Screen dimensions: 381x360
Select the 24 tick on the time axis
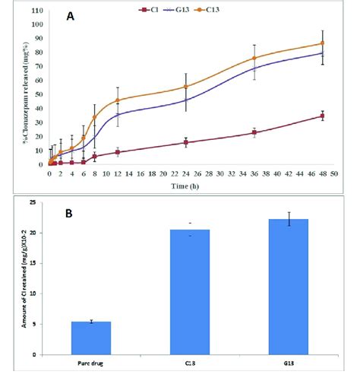186,173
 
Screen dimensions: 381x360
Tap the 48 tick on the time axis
323,173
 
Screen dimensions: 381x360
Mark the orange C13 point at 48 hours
323,43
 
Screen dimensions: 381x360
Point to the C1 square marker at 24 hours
186,142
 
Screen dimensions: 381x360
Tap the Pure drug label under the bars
91,360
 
